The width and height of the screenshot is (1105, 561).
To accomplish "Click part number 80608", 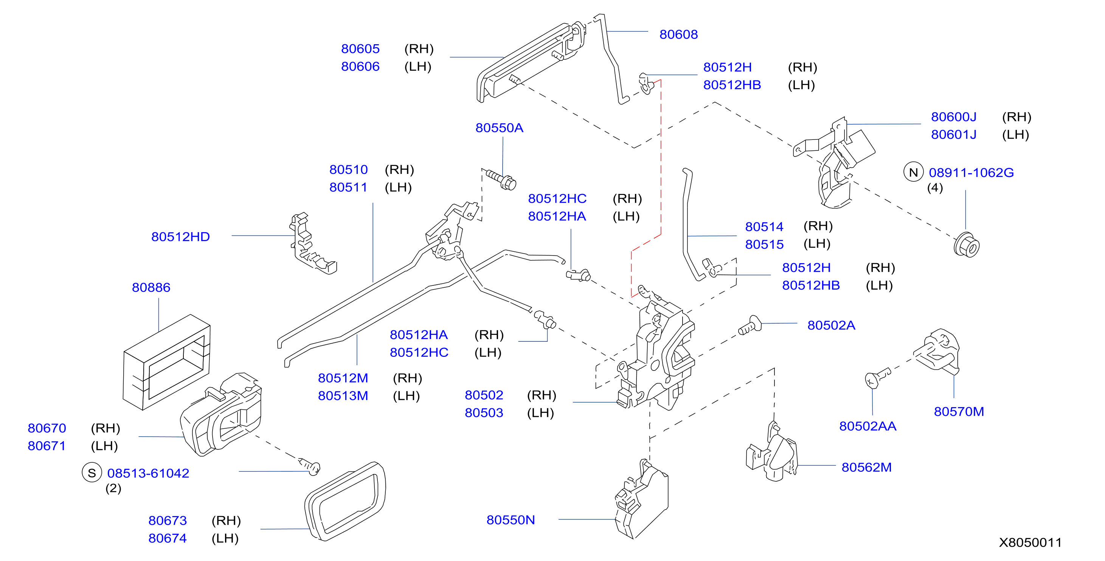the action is click(678, 34).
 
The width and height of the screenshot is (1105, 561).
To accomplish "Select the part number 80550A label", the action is click(499, 128).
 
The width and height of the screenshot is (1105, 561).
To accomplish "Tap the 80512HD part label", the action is click(181, 237).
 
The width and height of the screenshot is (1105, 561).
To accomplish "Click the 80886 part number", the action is click(151, 287).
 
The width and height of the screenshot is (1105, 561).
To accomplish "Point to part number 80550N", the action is click(511, 520).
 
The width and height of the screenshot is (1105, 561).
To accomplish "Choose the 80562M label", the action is click(866, 467).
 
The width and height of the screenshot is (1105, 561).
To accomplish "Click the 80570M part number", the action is click(959, 412).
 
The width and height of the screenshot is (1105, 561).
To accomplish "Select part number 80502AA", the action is click(868, 426).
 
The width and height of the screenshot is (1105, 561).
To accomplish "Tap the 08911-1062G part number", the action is click(971, 172).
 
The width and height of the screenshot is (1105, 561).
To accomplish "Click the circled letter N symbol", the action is click(913, 172).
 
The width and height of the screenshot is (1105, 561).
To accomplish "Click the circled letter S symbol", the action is click(92, 473).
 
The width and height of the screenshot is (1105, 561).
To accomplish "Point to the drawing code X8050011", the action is click(1031, 542).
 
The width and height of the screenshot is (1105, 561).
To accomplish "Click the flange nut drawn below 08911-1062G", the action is click(967, 245).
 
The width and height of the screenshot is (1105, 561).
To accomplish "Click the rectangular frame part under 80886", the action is click(167, 363).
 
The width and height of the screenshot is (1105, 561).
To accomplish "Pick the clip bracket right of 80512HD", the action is click(312, 243).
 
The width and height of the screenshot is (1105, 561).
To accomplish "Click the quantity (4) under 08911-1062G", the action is click(935, 188).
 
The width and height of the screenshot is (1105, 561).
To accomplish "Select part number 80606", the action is click(360, 67).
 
